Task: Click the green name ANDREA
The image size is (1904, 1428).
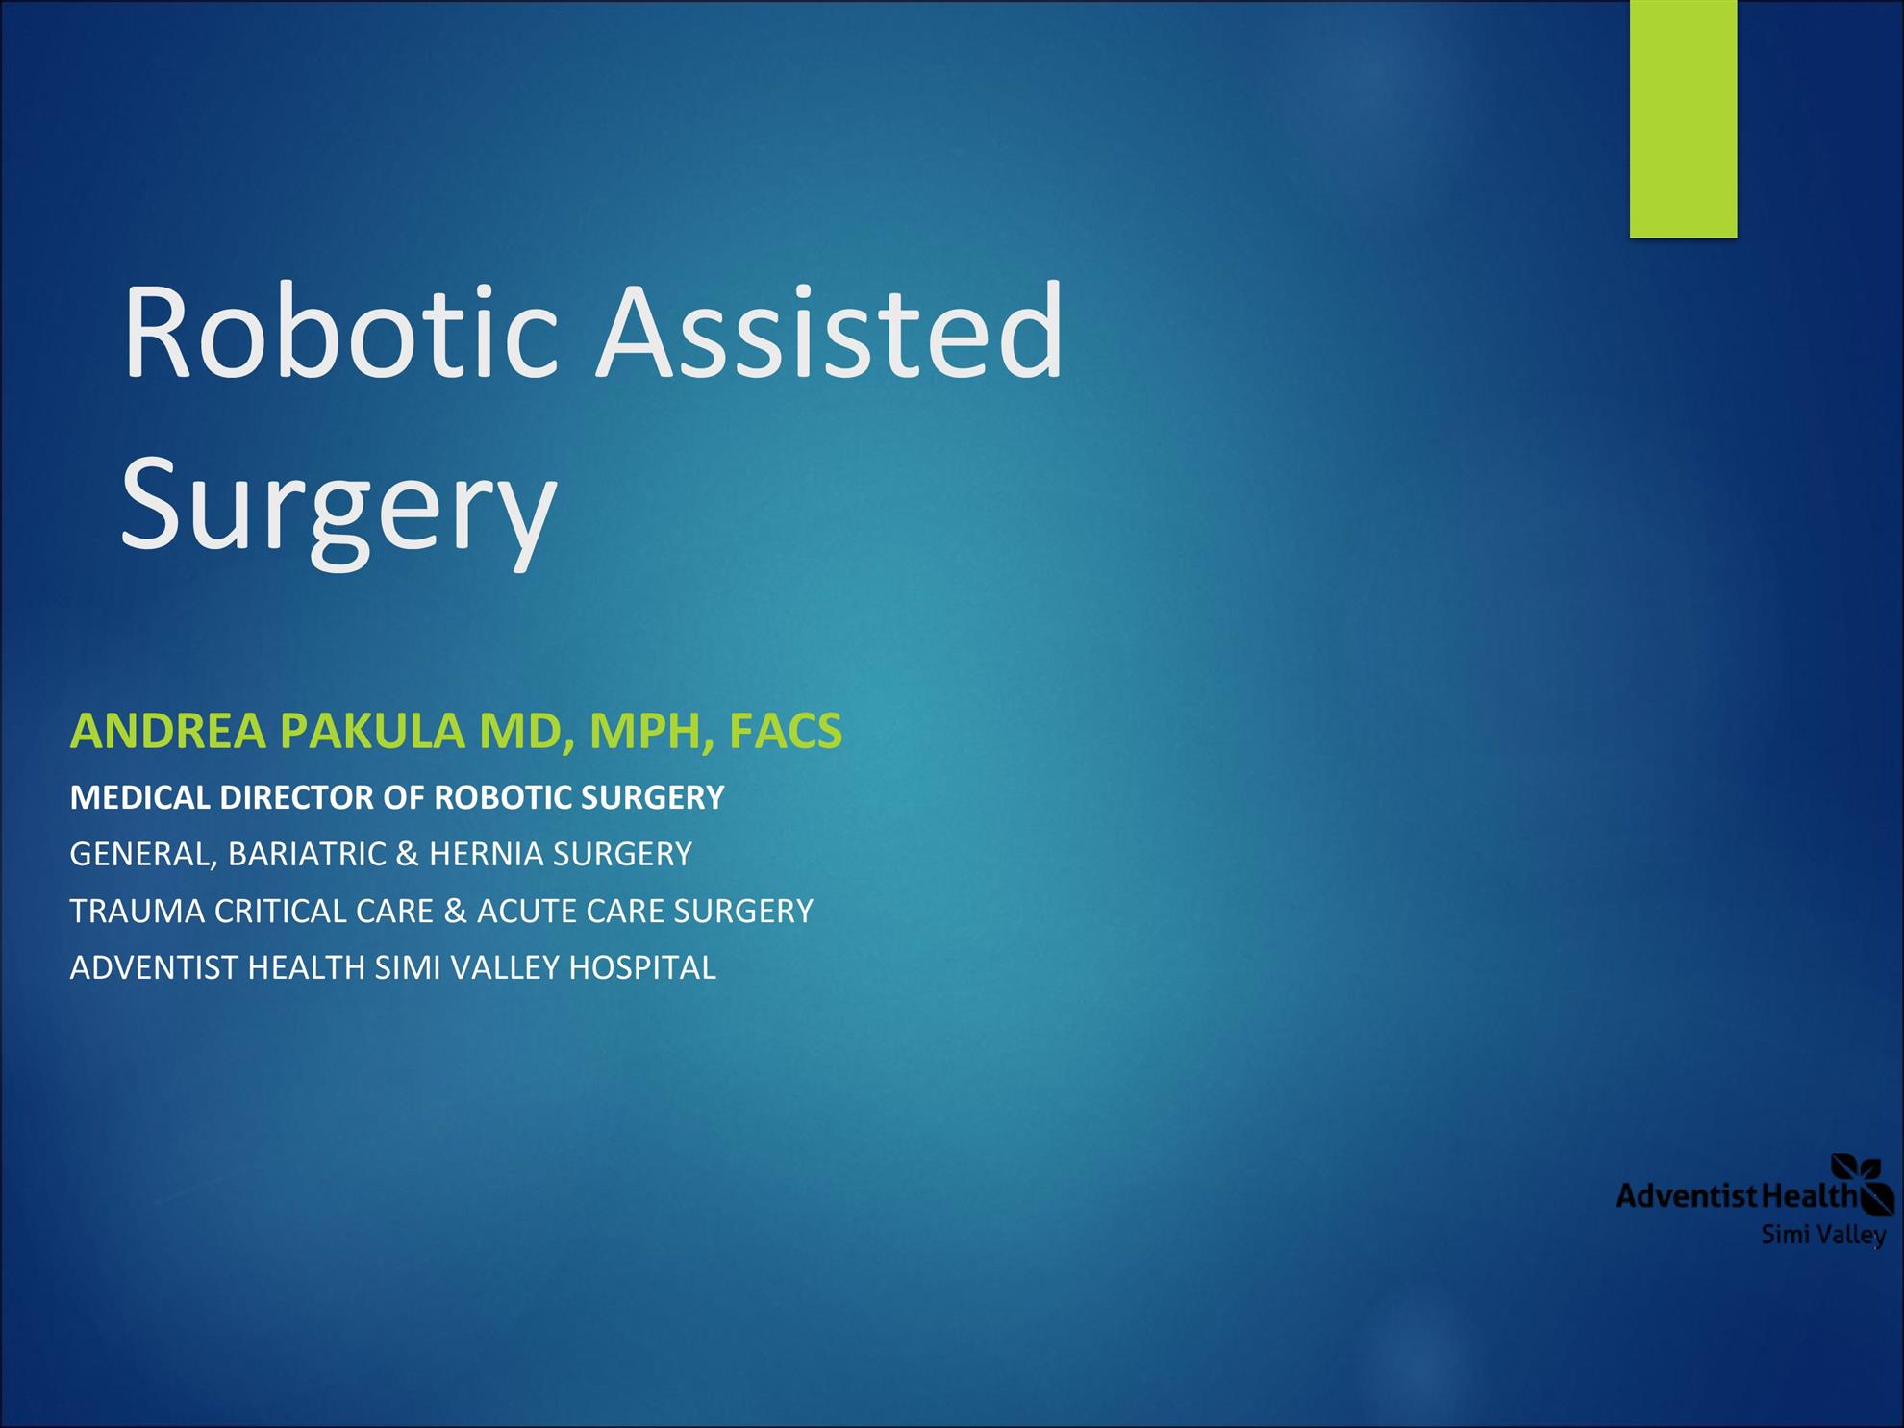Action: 168,731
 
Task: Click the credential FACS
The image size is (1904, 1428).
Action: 786,731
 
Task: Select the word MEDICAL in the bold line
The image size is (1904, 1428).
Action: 140,798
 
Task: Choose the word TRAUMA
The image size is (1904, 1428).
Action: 138,911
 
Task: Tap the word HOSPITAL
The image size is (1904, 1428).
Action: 642,967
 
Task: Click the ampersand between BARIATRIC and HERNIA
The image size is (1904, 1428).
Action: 408,854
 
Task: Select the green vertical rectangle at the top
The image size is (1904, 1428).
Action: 1683,119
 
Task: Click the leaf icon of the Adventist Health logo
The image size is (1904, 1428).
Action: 1863,1184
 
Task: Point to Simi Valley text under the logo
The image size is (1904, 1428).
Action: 1823,1235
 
